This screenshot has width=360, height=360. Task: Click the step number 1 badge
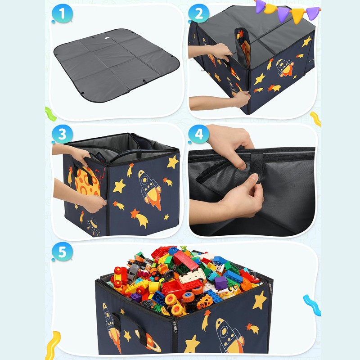[x=62, y=13]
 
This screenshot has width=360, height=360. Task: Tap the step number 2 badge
[x=198, y=13]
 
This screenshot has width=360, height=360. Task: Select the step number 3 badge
[x=62, y=134]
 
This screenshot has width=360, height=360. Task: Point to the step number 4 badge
[x=198, y=134]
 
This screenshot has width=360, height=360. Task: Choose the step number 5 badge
[x=62, y=252]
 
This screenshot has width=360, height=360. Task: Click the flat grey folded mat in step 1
[x=117, y=65]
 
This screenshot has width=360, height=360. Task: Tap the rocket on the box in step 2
[x=285, y=68]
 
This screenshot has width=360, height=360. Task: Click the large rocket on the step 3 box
[x=150, y=189]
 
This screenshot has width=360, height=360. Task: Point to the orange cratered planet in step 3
[x=87, y=181]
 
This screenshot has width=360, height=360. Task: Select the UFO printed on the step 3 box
[x=94, y=227]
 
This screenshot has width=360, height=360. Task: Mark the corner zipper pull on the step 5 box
[x=175, y=326]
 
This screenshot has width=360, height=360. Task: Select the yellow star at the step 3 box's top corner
[x=173, y=162]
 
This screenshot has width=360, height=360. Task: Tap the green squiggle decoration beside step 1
[x=51, y=114]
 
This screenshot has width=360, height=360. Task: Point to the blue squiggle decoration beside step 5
[x=312, y=305]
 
